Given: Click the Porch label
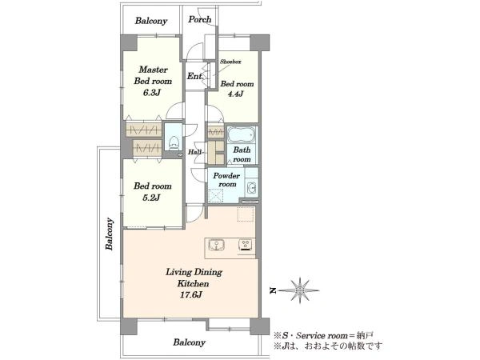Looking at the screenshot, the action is point(199,19).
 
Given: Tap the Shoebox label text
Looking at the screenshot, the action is point(230,62).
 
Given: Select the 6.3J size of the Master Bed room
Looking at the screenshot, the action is point(152,93).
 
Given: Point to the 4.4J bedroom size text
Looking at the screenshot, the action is point(235,94).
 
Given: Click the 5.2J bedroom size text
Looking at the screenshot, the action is point(152,198).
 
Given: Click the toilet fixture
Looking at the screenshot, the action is point(174,142).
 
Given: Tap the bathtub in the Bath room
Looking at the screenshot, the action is point(242,134).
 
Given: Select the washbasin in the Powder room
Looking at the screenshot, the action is point(251,186).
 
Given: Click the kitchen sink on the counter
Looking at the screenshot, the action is point(217,245).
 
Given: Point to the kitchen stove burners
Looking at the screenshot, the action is point(246,245).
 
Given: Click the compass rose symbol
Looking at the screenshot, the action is point(300,290).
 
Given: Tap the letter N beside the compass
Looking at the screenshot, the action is point(272,291).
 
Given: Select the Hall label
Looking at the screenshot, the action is point(194,151).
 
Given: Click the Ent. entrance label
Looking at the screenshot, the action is point(195,76).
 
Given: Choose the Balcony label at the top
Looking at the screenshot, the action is point(151,21).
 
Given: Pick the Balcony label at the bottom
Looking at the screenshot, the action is point(189,342).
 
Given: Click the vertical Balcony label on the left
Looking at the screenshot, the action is point(110,234).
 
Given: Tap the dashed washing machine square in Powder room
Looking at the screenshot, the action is point(216,196).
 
